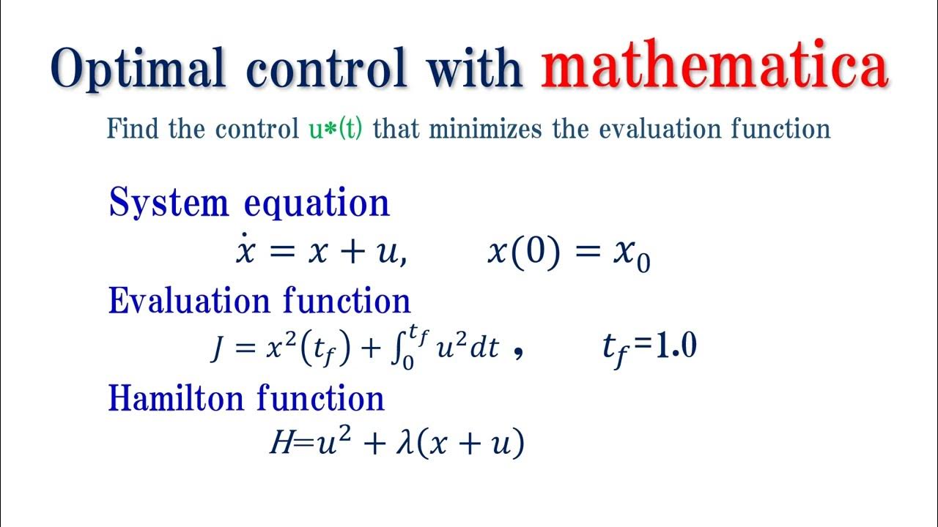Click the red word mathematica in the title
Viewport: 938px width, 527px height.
tap(715, 69)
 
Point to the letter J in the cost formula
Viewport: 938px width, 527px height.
tap(218, 348)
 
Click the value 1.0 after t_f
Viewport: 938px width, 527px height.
tap(673, 347)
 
